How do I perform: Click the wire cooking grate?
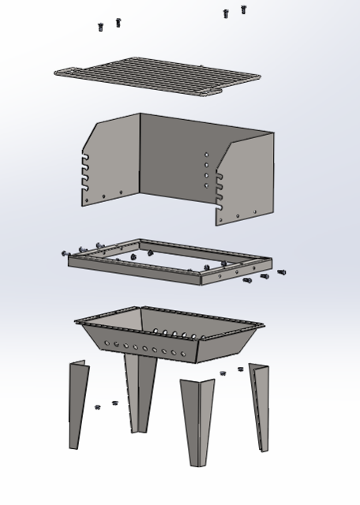158,75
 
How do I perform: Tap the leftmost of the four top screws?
100,28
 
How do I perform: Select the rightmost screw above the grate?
243,9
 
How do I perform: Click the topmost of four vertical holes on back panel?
207,155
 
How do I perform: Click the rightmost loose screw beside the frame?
282,273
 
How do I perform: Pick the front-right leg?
197,418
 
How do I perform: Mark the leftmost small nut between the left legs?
98,407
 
